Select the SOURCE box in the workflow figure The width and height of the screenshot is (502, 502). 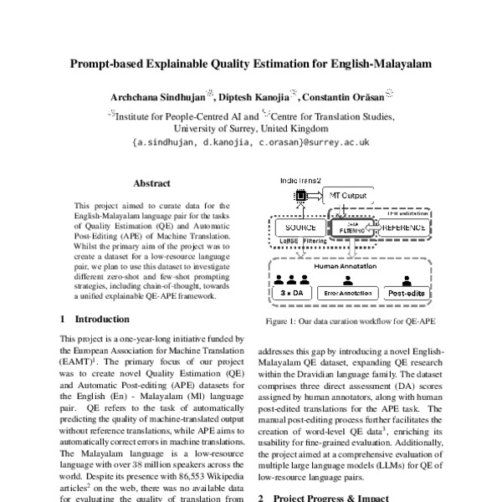tap(299, 228)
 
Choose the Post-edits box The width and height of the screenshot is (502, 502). tap(407, 294)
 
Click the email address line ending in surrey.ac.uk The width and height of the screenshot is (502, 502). tap(251, 142)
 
